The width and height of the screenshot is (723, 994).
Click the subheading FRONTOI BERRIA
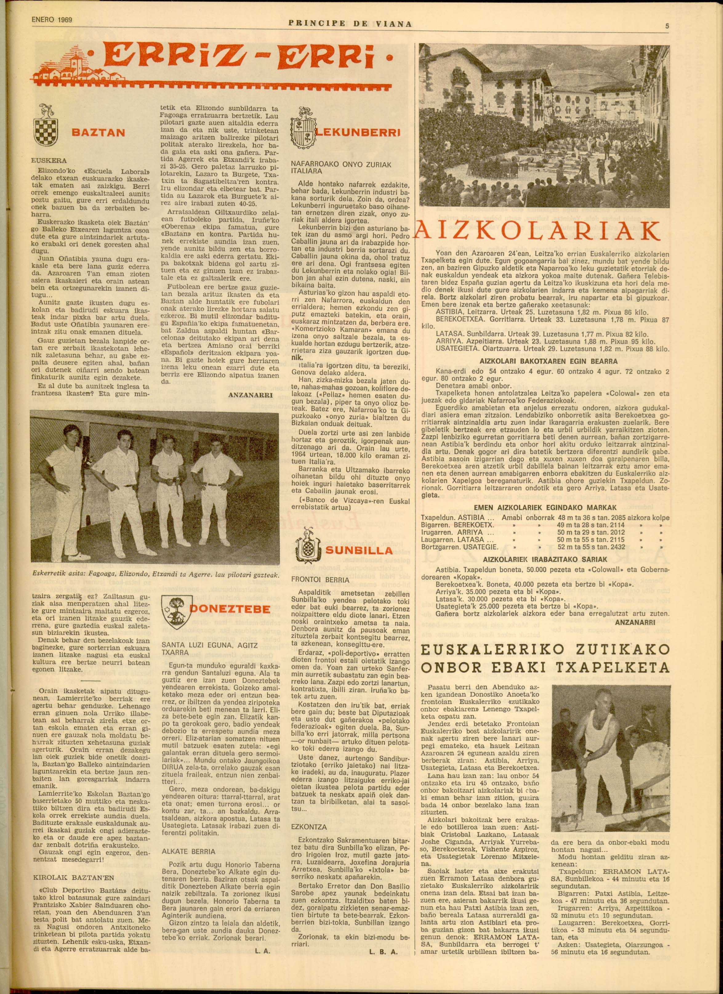point(320,580)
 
